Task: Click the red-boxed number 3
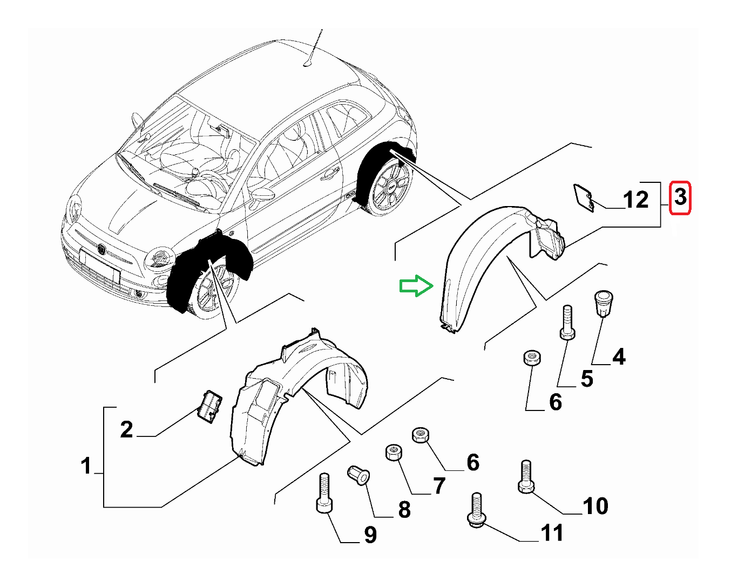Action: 680,197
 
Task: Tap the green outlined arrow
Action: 416,286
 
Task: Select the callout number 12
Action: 635,200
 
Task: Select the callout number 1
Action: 86,466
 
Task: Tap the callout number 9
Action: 370,535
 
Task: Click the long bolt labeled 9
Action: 324,493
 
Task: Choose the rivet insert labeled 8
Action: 359,475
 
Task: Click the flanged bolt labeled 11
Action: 476,510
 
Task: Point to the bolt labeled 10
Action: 526,477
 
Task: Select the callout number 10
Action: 595,506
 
